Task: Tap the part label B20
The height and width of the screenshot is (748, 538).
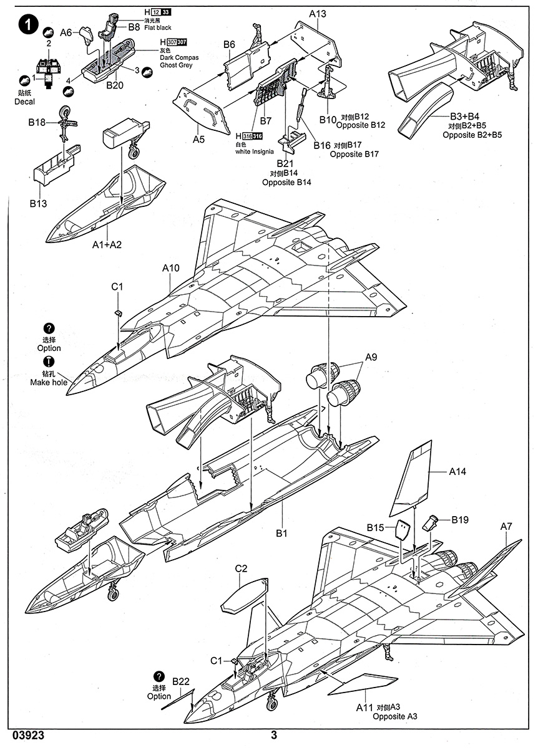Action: pyautogui.click(x=115, y=85)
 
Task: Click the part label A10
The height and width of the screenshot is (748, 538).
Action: pyautogui.click(x=171, y=269)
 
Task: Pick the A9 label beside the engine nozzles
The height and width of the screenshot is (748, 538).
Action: pyautogui.click(x=371, y=357)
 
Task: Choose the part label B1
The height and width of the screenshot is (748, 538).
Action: pyautogui.click(x=281, y=534)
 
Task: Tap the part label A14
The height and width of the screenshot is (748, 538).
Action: pyautogui.click(x=457, y=472)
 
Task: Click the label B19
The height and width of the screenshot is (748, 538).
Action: pyautogui.click(x=461, y=519)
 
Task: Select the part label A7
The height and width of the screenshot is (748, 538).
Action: pyautogui.click(x=506, y=527)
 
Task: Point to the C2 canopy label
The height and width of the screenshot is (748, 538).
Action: pyautogui.click(x=242, y=568)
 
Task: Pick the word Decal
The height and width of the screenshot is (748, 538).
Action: pyautogui.click(x=24, y=102)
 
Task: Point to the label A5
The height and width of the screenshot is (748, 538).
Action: pyautogui.click(x=198, y=140)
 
